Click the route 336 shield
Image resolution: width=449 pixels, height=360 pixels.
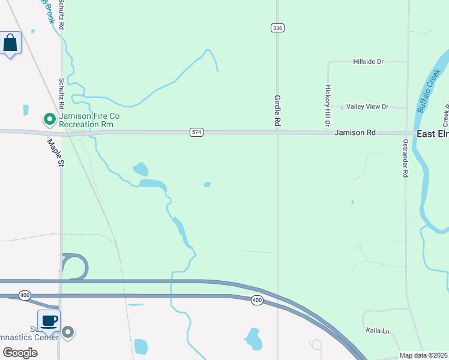[x=277, y=28]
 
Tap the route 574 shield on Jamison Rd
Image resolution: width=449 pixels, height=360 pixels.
[x=196, y=131]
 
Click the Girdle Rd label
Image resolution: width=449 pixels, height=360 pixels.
[x=277, y=110]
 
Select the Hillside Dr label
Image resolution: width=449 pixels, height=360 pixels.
[x=369, y=62]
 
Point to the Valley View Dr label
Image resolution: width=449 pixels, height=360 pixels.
[x=368, y=107]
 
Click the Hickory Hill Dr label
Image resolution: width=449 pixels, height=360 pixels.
[x=328, y=105]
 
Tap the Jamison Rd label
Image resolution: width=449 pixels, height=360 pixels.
[x=355, y=132]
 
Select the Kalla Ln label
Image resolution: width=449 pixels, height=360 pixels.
[x=378, y=331]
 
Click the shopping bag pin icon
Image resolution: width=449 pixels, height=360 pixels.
[x=10, y=43]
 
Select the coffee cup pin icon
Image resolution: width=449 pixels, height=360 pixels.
[x=49, y=320]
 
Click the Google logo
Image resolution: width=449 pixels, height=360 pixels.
[x=19, y=353]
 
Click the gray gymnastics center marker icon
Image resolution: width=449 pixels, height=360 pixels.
[x=68, y=332]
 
